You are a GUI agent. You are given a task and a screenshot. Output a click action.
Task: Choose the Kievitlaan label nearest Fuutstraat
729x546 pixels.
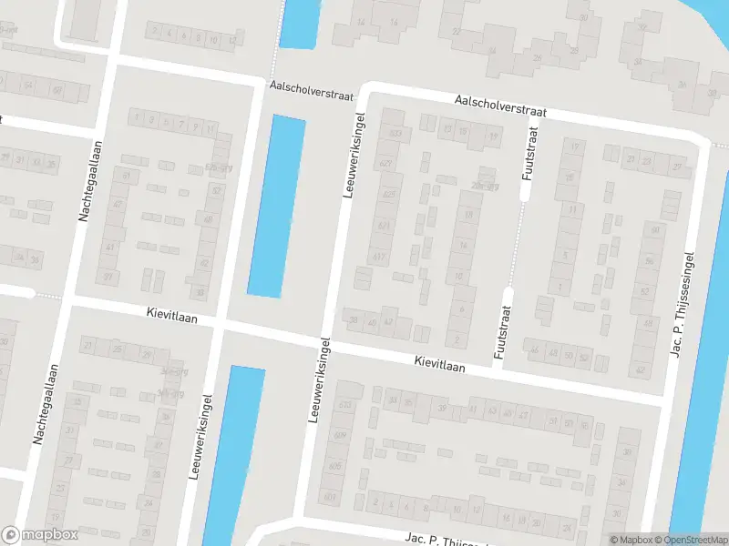[440, 363]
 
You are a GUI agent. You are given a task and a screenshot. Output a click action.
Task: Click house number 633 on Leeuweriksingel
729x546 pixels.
[395, 134]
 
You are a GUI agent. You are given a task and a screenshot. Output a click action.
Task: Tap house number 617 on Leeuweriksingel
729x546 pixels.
[379, 258]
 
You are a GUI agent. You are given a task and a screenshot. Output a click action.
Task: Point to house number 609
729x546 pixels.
[340, 436]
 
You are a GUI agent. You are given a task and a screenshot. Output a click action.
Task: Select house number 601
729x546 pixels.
[330, 498]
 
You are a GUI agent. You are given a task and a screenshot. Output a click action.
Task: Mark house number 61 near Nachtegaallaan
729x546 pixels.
[127, 175]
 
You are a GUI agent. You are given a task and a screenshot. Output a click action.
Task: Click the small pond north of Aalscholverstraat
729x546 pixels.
[300, 22]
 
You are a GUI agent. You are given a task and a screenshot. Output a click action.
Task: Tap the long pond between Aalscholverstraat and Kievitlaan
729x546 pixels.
[275, 205]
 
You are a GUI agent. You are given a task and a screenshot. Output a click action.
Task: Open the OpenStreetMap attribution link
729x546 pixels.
[693, 540]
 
